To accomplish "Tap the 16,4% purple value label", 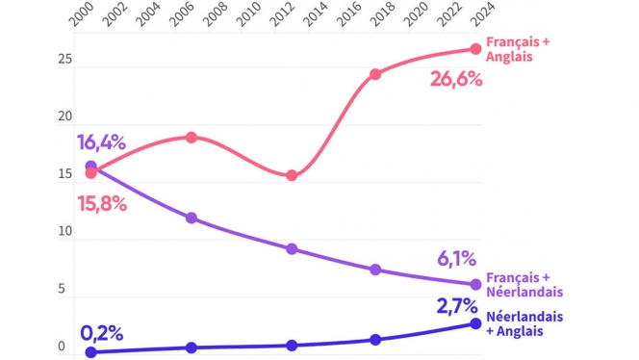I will click(x=101, y=143).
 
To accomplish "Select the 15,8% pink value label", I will click(x=101, y=204).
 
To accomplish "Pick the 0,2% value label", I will click(x=101, y=333).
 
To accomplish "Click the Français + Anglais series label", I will click(x=516, y=49).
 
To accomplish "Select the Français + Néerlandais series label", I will click(x=524, y=284).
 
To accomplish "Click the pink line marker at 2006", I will click(x=192, y=138).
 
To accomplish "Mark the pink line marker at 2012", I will click(x=292, y=175).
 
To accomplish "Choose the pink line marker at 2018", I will click(x=375, y=74).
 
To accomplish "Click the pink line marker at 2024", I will click(x=475, y=49).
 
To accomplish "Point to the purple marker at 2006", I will click(x=192, y=218).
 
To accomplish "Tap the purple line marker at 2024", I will click(x=475, y=285).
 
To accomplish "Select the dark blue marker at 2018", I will click(x=375, y=340).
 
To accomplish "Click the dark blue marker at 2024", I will click(x=475, y=322).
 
